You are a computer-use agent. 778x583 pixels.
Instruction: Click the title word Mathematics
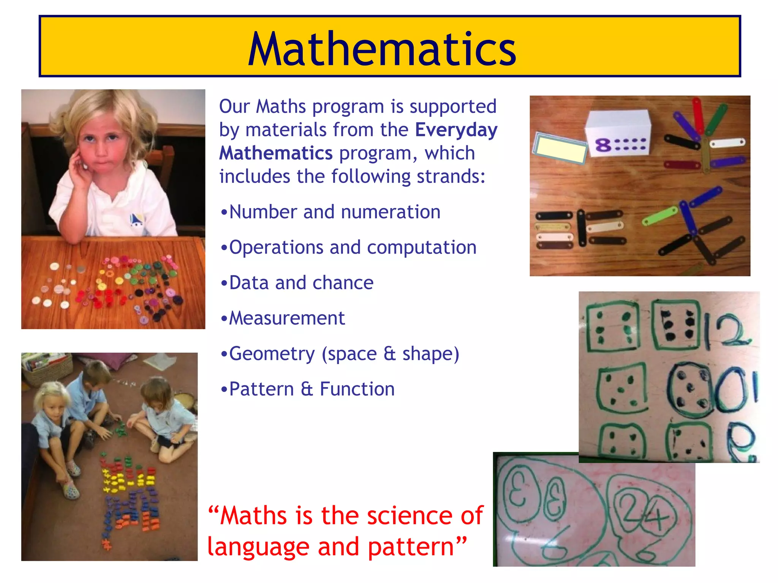click(x=382, y=49)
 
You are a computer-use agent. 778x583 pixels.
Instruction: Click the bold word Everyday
click(x=456, y=130)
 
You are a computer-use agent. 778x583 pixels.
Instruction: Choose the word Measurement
click(x=287, y=318)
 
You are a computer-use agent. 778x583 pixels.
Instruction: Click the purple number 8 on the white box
click(x=603, y=145)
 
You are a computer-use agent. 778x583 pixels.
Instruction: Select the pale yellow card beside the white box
click(x=560, y=148)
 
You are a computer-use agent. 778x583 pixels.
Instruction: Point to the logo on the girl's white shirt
click(x=136, y=220)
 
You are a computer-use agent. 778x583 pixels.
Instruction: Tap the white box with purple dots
click(x=618, y=133)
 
